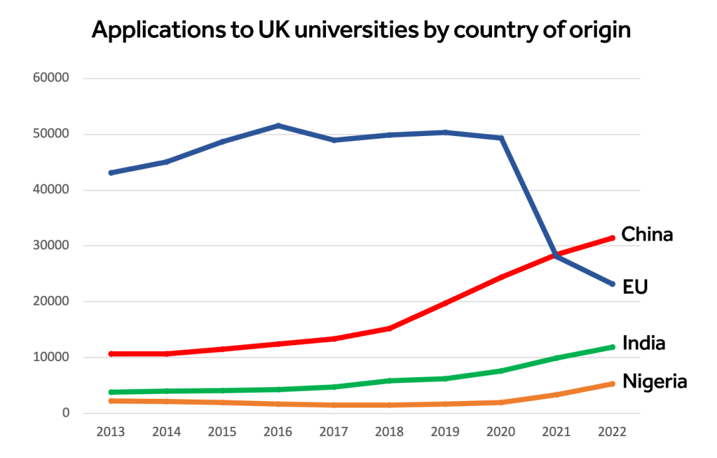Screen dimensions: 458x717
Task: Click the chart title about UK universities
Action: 360,31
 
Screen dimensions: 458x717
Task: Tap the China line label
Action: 647,234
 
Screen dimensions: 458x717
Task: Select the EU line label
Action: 635,287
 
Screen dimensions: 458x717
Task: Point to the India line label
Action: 643,343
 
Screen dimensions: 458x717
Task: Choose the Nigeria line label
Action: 654,382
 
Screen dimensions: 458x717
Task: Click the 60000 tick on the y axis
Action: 51,78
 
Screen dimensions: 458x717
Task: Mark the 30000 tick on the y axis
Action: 51,246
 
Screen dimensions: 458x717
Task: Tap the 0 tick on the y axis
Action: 66,413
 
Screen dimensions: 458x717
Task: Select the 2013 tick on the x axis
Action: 110,431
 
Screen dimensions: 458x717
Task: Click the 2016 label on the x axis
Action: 278,431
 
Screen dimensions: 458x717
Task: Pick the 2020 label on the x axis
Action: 501,431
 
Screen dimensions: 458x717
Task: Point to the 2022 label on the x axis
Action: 612,431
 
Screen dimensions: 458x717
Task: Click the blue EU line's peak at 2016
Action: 278,125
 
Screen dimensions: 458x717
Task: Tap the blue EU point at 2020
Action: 501,138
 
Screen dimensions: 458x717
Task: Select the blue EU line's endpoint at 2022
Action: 612,283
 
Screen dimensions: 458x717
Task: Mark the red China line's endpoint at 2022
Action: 612,238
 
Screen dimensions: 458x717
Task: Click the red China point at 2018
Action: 389,328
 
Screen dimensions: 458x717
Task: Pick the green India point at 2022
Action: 612,346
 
